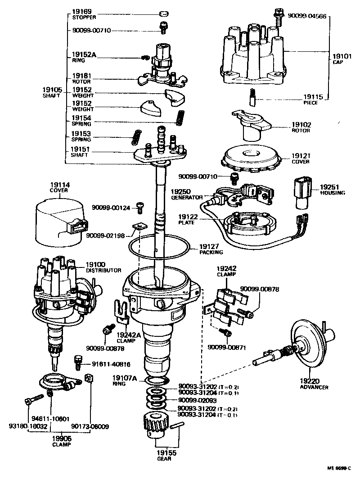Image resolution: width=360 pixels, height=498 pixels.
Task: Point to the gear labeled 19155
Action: click(157, 427)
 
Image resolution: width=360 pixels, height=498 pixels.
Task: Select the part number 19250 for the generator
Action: click(180, 191)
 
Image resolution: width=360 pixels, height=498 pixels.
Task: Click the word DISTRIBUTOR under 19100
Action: click(103, 271)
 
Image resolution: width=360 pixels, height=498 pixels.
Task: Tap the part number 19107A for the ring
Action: click(125, 378)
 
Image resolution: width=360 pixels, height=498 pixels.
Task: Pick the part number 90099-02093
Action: click(198, 400)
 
